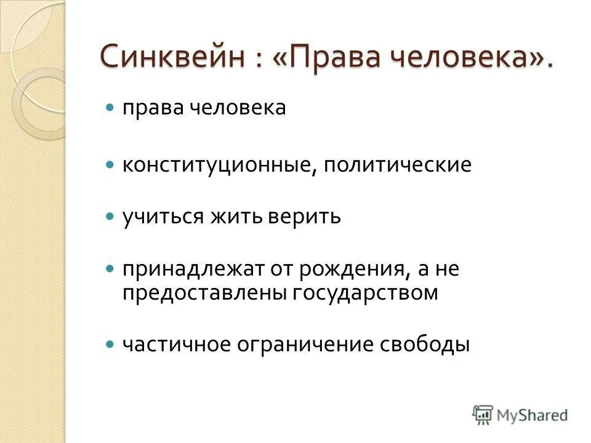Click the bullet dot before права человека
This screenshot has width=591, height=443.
click(x=110, y=107)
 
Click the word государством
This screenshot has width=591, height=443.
click(x=360, y=293)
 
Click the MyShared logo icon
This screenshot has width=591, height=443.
click(x=483, y=414)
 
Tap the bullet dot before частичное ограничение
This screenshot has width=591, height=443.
click(x=110, y=344)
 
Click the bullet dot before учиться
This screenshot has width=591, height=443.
click(x=110, y=217)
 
